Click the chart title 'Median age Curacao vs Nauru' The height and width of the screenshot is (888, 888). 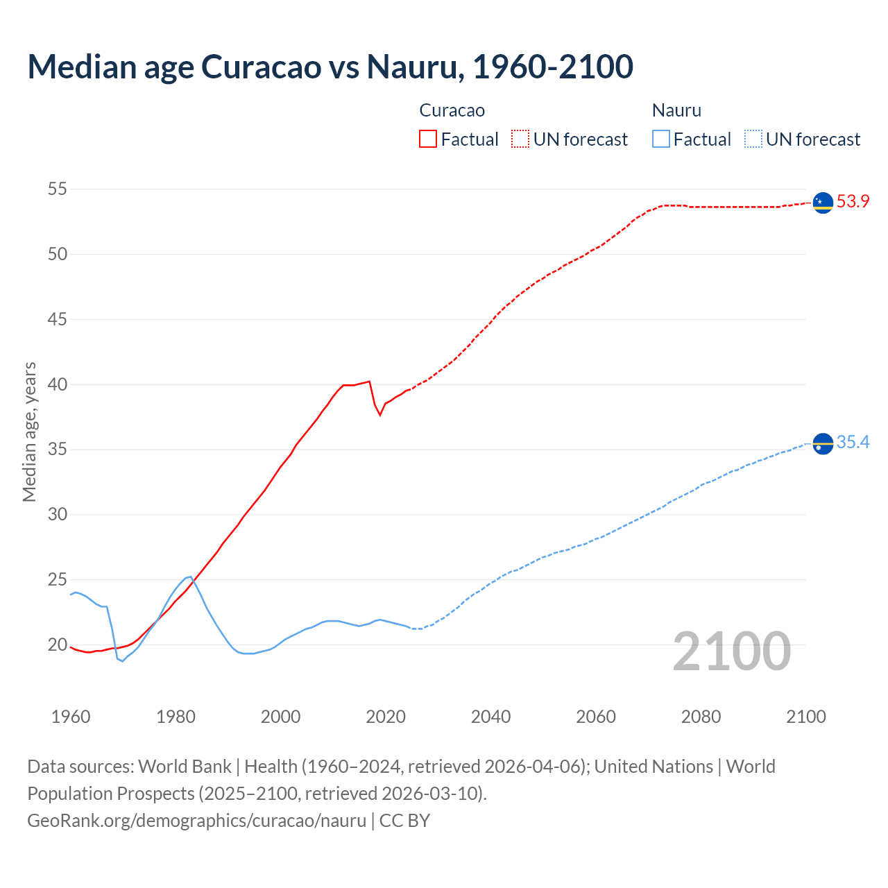click(330, 67)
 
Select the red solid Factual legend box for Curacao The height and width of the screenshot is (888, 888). click(428, 139)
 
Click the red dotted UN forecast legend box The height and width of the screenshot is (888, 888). click(520, 139)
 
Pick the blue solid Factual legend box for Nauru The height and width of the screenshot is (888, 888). click(661, 139)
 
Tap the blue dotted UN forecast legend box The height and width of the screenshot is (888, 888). click(753, 139)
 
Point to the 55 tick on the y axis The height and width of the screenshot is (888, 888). click(58, 189)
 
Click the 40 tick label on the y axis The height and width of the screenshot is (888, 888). click(58, 384)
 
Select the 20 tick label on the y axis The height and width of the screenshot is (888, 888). click(58, 645)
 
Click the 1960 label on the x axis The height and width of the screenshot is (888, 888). click(71, 717)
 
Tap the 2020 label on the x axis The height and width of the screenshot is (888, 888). click(386, 717)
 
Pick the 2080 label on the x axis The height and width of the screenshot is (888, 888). click(701, 717)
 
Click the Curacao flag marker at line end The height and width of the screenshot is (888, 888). click(823, 203)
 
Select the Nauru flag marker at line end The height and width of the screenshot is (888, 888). click(823, 443)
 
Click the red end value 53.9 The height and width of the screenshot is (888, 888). click(853, 202)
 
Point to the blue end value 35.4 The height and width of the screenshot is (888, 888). click(853, 443)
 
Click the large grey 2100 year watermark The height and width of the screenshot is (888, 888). click(731, 651)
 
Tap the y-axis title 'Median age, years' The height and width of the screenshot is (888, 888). click(29, 432)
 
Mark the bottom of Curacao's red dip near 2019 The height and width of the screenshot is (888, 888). click(380, 415)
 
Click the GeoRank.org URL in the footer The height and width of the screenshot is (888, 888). click(196, 821)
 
